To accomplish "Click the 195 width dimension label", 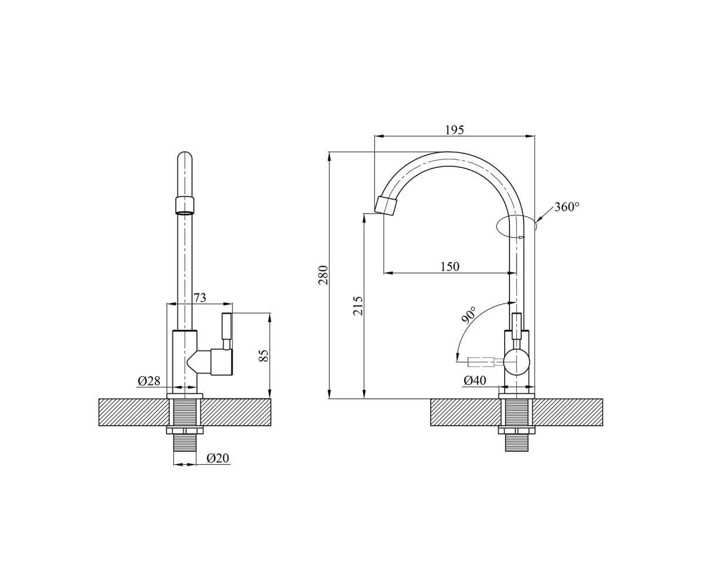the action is point(455,130).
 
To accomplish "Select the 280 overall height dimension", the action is point(324,275).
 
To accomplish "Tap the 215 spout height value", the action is point(358,306).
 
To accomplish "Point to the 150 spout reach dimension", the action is point(450,266).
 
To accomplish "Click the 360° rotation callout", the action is point(567,207).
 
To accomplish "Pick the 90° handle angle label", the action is point(469,315).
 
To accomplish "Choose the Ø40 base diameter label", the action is point(475,380).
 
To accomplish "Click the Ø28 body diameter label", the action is point(149,381).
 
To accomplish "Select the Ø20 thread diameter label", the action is point(218,458).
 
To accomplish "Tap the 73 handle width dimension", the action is point(199,298).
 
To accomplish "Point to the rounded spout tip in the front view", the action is point(185,158).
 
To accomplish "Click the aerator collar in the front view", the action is point(185,205).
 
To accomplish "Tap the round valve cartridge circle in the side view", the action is point(516,362).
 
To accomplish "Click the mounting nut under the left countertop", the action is point(185,430).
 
